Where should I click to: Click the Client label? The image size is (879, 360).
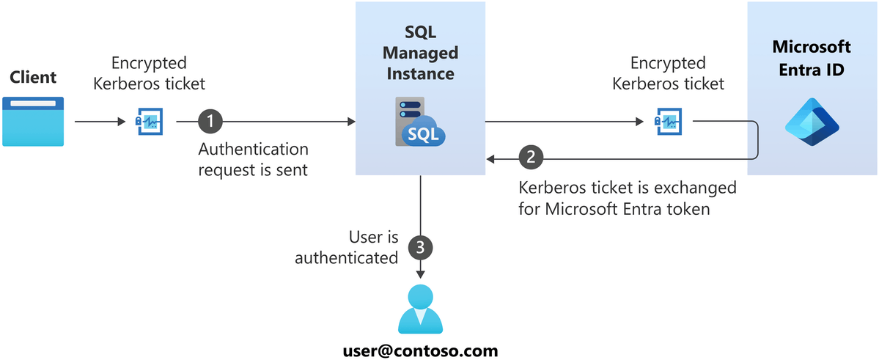pos(33,77)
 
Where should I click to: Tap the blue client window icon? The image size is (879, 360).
pos(33,121)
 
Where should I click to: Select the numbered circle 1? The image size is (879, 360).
pos(210,121)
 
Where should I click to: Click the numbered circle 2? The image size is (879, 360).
pos(531,157)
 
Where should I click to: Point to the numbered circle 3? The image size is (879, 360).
pos(420,248)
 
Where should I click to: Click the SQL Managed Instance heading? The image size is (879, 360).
pos(420,53)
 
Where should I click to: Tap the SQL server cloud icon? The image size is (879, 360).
pos(420,121)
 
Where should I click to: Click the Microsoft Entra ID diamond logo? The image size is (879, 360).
pos(812,122)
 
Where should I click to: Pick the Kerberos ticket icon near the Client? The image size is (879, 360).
pos(150,121)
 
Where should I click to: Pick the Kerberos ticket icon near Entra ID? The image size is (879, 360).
pos(667,121)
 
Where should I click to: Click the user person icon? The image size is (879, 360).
pos(421,309)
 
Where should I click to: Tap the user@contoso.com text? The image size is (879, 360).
pos(421,350)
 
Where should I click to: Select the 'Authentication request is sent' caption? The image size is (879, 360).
pos(254,159)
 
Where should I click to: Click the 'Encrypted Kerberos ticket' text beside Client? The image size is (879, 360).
pos(150,73)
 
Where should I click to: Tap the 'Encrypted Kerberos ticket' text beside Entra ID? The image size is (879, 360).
pos(667,73)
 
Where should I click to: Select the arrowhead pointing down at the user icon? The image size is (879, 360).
pos(421,274)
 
